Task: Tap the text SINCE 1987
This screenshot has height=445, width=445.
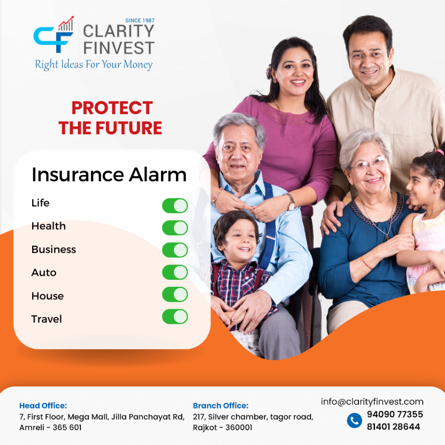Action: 140,20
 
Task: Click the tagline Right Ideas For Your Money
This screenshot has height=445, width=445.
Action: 94,65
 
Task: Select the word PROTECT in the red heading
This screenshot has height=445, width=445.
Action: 112,108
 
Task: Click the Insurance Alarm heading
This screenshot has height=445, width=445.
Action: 109,175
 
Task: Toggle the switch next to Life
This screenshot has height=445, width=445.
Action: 175,206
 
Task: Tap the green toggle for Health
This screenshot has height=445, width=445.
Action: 175,228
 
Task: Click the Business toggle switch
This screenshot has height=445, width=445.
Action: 175,250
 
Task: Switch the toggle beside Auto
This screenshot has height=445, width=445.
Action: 175,272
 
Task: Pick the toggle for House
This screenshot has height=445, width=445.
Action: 175,294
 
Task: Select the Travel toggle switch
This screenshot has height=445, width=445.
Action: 175,316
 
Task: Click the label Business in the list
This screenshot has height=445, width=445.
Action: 53,249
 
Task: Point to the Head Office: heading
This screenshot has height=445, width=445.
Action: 43,405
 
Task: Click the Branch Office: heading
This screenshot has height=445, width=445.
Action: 220,405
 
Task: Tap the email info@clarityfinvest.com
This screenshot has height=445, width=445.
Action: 372,402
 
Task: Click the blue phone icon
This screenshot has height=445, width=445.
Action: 355,420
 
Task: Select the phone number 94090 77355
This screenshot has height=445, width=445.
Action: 395,414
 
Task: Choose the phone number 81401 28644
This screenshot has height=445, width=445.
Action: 393,427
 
